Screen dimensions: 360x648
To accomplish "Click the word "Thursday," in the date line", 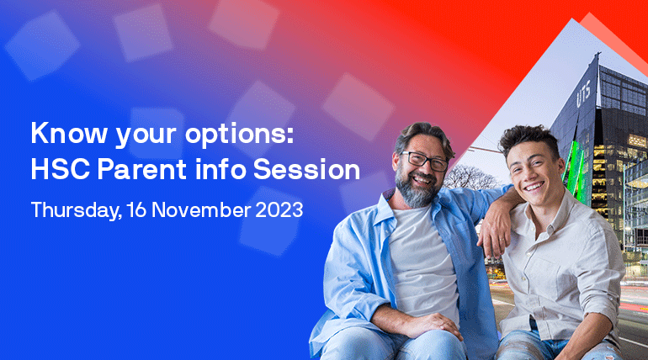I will pos(73,209).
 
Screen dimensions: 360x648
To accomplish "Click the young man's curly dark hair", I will pos(525,139).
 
